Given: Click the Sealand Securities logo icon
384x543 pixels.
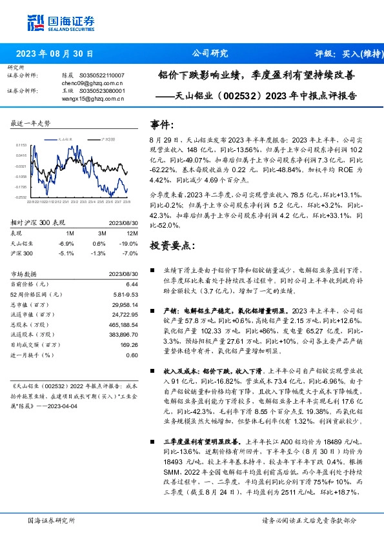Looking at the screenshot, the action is click(35, 21).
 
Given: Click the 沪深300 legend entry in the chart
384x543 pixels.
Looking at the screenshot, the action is click(108, 139).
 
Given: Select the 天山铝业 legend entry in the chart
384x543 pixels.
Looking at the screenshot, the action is click(65, 139).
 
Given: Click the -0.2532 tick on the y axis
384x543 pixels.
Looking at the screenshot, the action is click(21, 197).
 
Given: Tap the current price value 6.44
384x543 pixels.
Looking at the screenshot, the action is click(132, 284).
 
